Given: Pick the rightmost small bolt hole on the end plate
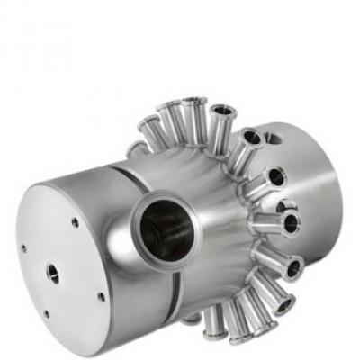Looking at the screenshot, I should (x=101, y=296).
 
